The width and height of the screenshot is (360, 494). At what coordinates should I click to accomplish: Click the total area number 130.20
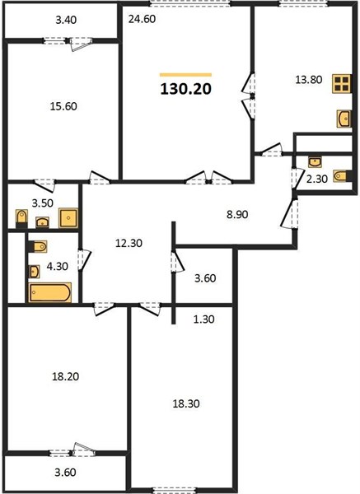(185, 89)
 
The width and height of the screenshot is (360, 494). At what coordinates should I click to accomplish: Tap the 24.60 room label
(142, 19)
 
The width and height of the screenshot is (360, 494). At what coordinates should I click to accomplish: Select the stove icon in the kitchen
(342, 83)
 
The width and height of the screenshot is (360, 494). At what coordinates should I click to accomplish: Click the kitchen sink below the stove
(344, 119)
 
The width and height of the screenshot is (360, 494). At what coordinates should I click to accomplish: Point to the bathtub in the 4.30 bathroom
(49, 292)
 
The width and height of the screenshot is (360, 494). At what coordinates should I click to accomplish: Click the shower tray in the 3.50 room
(68, 217)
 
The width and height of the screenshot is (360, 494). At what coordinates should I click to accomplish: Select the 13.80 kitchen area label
(309, 80)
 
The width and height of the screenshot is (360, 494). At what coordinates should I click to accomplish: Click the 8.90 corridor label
(237, 214)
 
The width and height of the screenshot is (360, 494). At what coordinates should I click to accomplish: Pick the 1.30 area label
(203, 319)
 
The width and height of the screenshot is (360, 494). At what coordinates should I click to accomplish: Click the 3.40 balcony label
(66, 20)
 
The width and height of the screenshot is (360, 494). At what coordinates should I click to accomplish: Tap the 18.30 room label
(186, 403)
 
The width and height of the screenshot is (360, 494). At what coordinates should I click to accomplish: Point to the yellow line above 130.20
(185, 75)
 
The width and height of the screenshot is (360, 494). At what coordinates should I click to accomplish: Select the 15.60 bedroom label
(63, 106)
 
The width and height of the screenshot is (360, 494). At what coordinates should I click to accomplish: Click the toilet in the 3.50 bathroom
(21, 218)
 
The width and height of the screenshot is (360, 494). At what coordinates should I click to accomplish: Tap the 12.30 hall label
(129, 243)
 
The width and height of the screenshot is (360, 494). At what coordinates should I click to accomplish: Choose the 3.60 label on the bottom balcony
(65, 473)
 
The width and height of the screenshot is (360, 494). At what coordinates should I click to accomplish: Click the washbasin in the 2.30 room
(315, 162)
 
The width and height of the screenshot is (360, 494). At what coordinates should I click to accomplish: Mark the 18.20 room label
(66, 376)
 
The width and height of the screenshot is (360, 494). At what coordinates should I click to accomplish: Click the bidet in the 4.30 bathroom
(38, 246)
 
